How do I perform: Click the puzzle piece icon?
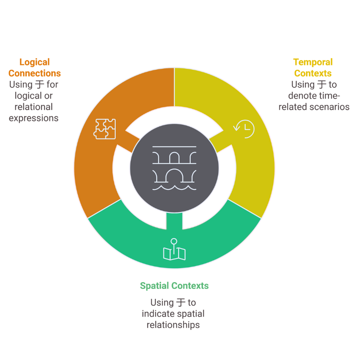[104, 129]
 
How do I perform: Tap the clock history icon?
[243, 129]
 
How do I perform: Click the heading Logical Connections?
[35, 67]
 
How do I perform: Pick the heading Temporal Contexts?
[313, 67]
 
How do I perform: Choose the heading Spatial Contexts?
[174, 286]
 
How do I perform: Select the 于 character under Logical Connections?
[40, 85]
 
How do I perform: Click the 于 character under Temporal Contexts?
[321, 85]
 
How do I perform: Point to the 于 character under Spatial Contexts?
[181, 302]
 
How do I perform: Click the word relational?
[33, 107]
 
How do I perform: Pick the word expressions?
[34, 118]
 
